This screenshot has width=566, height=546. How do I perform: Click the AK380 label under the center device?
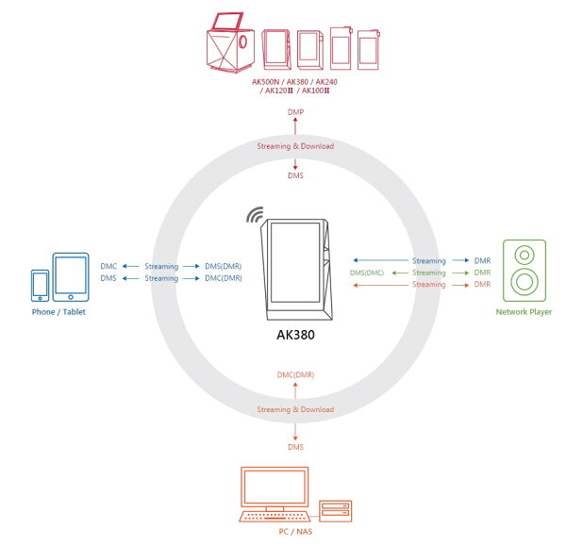[x=295, y=335]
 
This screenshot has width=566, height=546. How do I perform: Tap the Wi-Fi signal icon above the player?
[x=256, y=215]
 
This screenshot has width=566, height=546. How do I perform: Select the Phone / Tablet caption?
[x=58, y=312]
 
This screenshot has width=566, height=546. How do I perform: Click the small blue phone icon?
[x=40, y=286]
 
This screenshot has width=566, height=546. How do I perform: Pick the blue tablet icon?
[x=71, y=277]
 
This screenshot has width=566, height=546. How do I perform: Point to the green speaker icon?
[x=524, y=271]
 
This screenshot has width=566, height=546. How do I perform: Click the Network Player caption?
[x=524, y=312]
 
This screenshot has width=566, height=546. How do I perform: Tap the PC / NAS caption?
[x=295, y=531]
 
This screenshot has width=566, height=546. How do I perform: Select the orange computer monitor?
[x=275, y=488]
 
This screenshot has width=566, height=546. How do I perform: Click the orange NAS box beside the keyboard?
[x=335, y=510]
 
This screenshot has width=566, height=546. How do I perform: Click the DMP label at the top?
[x=295, y=112]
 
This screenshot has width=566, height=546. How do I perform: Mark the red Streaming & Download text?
[x=295, y=146]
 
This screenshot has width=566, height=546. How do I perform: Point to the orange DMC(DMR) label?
[x=295, y=375]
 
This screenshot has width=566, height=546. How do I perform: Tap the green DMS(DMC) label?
[x=367, y=273]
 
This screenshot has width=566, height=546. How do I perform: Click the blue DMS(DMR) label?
[x=223, y=266]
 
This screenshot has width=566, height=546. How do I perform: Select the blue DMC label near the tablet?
[x=108, y=266]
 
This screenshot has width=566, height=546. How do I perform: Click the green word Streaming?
[x=429, y=273]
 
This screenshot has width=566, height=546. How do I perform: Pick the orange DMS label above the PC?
[x=295, y=447]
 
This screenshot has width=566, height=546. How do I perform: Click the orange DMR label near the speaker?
[x=482, y=285]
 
